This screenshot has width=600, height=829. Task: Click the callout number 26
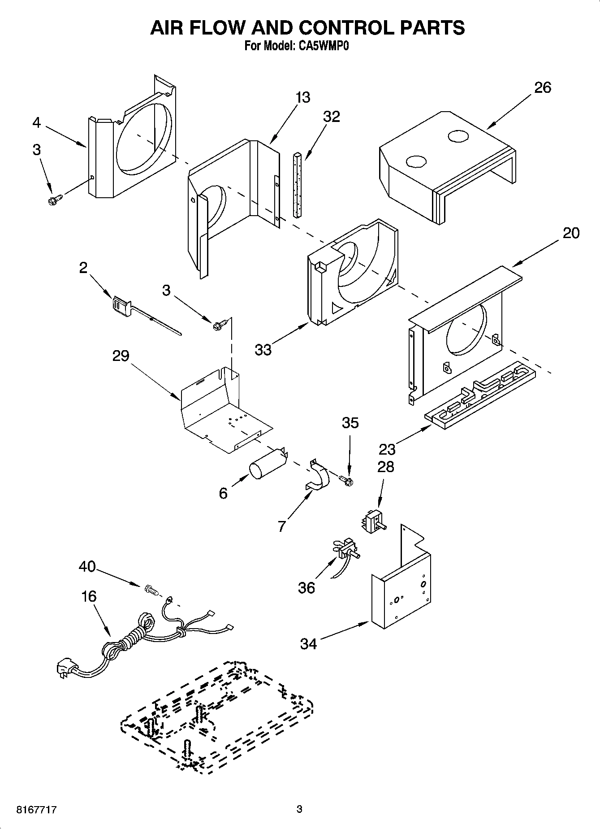point(542,87)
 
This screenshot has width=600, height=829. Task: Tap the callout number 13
point(303,97)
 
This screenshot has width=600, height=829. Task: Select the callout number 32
point(332,117)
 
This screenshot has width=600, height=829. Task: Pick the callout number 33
point(263,349)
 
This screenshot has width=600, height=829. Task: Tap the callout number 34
point(308,644)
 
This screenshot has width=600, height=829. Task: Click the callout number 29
point(121,356)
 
